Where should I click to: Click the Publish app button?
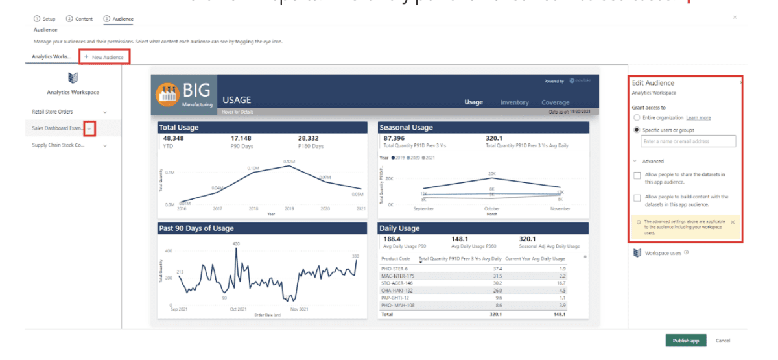[x=685, y=341]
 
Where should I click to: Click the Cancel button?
[x=722, y=341]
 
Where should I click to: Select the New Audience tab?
[x=104, y=57]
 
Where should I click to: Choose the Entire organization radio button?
[x=637, y=118]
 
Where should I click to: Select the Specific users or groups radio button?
[x=637, y=130]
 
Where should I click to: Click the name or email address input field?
[x=688, y=141]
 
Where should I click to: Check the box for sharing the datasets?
[x=637, y=175]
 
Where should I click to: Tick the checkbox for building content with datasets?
[x=637, y=197]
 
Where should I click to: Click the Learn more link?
[x=698, y=118]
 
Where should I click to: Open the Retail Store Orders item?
[x=53, y=112]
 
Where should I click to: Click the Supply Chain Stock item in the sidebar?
[x=58, y=145]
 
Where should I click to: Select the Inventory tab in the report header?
[x=514, y=102]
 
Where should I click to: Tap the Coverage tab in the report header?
[x=556, y=102]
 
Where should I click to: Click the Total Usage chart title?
[x=179, y=128]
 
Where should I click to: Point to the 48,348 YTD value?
[x=173, y=138]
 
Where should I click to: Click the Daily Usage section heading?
[x=399, y=228]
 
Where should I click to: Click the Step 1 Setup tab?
[x=45, y=19]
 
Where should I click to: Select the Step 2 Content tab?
[x=80, y=19]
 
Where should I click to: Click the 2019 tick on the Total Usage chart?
[x=290, y=208]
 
